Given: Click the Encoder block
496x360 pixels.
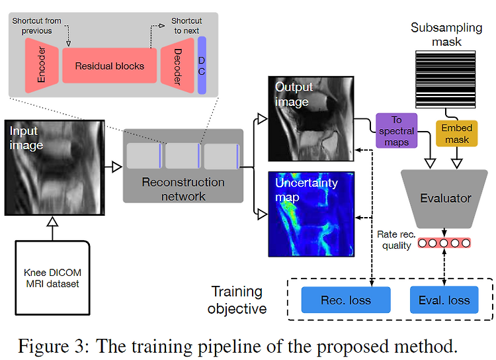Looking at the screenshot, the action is (42, 66).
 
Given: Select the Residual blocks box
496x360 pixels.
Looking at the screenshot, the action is (109, 66).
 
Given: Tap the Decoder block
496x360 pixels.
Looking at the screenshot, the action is (177, 66).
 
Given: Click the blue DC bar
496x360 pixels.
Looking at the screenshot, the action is (202, 66).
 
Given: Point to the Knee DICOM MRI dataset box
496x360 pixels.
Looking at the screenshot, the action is (52, 278).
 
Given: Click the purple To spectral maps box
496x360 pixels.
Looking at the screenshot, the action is (396, 131).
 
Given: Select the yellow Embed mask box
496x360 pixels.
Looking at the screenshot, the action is (456, 133).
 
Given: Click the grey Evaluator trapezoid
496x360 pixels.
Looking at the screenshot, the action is (444, 199).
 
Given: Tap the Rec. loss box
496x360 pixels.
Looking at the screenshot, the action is (346, 300).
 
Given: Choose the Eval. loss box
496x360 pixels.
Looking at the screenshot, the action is (444, 300).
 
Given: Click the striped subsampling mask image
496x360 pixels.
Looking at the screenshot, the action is (445, 79).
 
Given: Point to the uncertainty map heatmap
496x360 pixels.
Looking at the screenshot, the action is (311, 214).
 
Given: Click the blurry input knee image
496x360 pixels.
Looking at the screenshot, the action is (54, 168).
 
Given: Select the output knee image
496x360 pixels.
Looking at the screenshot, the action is (311, 118).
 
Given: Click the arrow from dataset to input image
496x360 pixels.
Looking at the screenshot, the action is (52, 228).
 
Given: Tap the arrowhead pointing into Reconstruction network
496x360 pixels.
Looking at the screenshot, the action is (117, 167).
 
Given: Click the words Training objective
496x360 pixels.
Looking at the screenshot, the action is (237, 300).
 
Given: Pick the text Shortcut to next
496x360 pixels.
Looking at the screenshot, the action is (186, 26).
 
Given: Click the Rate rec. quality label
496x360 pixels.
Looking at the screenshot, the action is (396, 240).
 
